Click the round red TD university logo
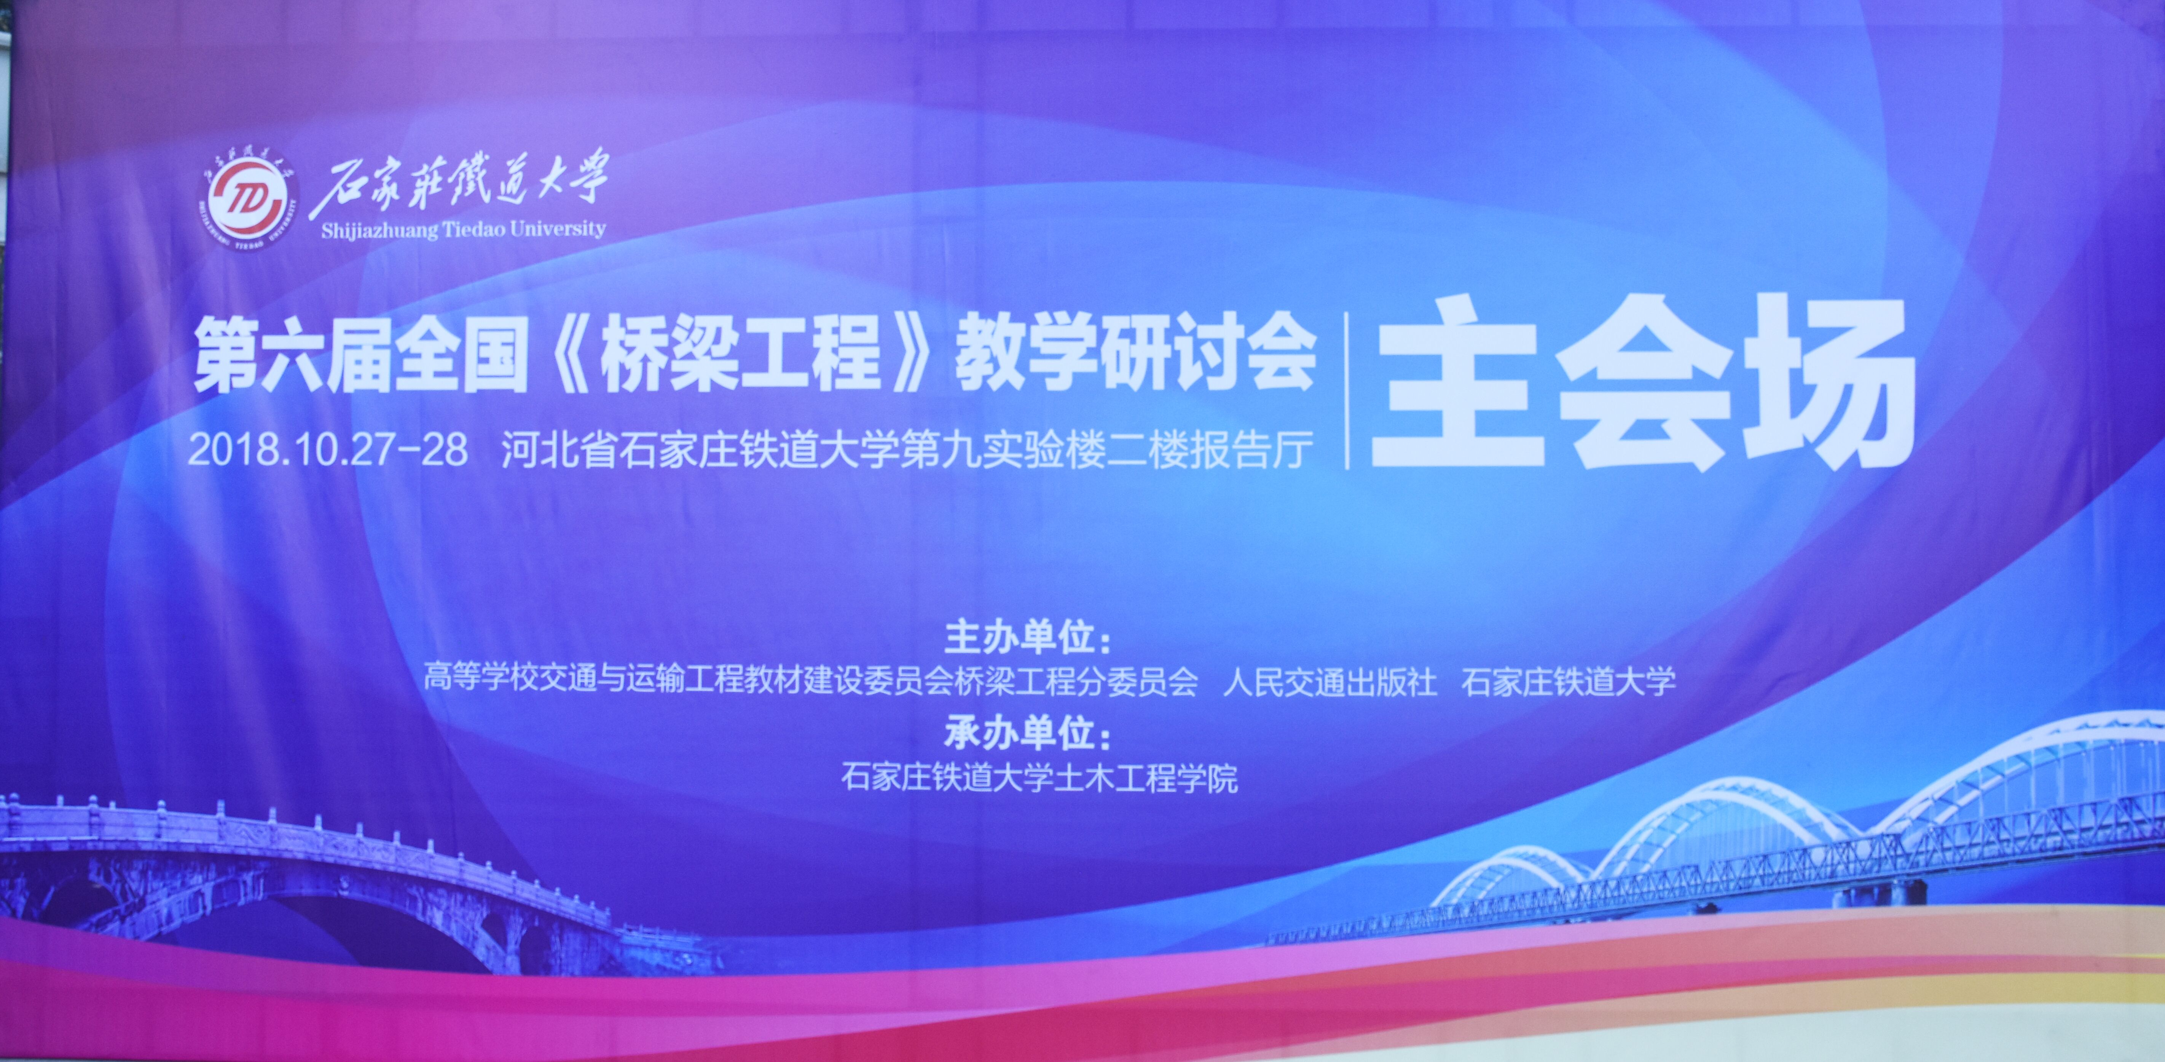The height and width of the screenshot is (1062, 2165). [x=249, y=201]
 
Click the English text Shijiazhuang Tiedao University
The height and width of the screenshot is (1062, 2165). [x=463, y=230]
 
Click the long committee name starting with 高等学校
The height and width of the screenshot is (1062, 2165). [x=810, y=681]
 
